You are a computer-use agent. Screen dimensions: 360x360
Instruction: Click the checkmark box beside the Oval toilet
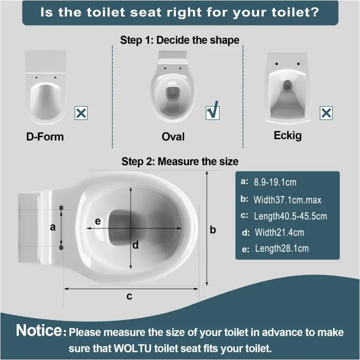click(x=212, y=112)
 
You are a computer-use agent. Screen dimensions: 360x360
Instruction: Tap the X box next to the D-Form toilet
click(x=81, y=113)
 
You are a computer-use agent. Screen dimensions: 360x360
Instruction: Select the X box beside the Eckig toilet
click(x=326, y=113)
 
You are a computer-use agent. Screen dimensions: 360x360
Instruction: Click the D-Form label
click(x=45, y=136)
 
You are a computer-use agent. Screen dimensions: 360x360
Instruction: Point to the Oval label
click(x=173, y=136)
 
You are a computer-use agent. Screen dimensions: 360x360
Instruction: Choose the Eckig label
click(x=288, y=135)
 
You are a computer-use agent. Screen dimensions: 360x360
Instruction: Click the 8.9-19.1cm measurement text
click(x=275, y=182)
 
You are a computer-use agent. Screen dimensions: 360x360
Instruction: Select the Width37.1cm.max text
click(x=287, y=199)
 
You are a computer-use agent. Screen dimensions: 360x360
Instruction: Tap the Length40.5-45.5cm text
click(x=290, y=216)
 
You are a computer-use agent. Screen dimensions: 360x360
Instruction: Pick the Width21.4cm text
click(x=279, y=232)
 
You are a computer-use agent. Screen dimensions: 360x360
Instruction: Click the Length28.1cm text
click(x=282, y=248)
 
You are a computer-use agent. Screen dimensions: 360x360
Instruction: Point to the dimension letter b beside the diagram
click(x=213, y=229)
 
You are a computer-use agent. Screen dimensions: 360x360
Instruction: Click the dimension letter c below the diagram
click(x=129, y=296)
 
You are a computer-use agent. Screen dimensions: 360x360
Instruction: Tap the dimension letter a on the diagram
click(x=53, y=227)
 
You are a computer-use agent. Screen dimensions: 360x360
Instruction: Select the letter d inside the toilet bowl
click(x=135, y=245)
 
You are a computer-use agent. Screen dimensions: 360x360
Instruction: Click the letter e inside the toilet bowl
click(x=98, y=221)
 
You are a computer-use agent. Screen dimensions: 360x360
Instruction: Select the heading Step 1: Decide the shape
click(x=180, y=40)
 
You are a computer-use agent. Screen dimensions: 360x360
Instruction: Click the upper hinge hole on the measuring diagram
click(x=62, y=207)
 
